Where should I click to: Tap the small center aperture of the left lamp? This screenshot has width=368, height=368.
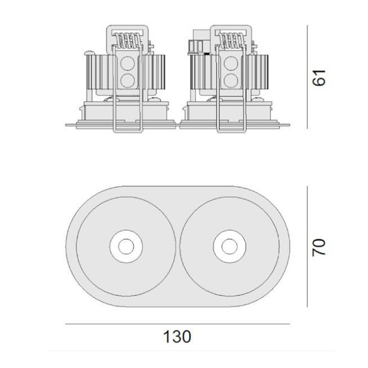(x=125, y=247)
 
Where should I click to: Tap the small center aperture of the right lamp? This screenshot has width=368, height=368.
(x=225, y=247)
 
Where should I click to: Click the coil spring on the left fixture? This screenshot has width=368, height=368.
(x=128, y=41)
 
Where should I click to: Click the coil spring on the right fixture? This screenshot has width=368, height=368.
(x=232, y=41)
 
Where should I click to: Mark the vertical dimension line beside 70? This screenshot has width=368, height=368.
(x=306, y=247)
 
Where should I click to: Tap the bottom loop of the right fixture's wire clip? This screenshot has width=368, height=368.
(x=232, y=131)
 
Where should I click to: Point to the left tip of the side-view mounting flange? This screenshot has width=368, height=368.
(x=67, y=124)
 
